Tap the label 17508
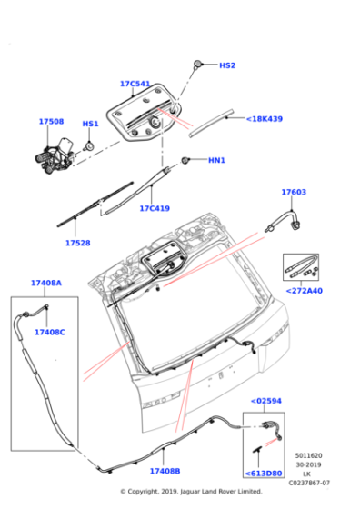coord(51,121)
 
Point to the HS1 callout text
coord(91,124)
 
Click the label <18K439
coord(264,119)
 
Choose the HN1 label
coord(215,161)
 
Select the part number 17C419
coord(155,208)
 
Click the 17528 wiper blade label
coord(78,243)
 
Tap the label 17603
coord(293,193)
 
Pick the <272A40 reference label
coord(304,291)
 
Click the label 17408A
coord(46,284)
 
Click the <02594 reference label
coord(265,399)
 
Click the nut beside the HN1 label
coord(186,161)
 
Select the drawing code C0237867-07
coord(310,483)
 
